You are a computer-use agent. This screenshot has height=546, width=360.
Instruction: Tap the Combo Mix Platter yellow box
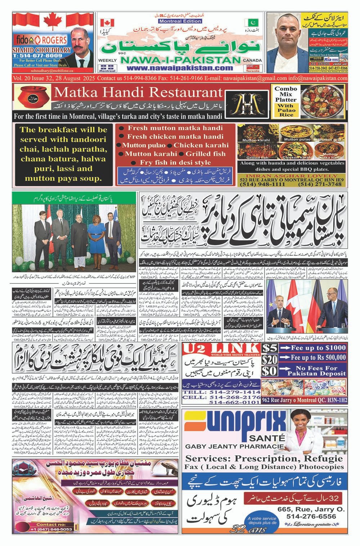(x=285, y=101)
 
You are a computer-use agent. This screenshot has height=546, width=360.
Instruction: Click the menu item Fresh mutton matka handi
(x=175, y=128)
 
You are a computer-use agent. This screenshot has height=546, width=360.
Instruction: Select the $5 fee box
(x=270, y=348)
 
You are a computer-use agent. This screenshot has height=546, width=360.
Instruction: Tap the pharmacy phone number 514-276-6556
(x=311, y=516)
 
